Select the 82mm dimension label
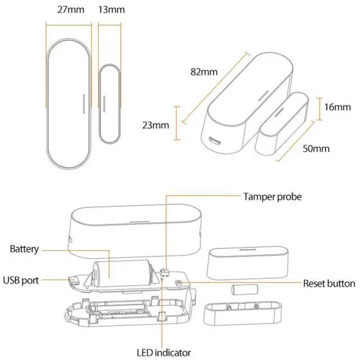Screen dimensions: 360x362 point(204,72)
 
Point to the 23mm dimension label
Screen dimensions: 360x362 point(155,125)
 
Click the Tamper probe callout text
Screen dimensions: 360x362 point(272,197)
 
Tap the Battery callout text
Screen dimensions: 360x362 point(25,248)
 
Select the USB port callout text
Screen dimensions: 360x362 point(21,279)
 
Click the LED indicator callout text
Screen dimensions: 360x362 point(166,352)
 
